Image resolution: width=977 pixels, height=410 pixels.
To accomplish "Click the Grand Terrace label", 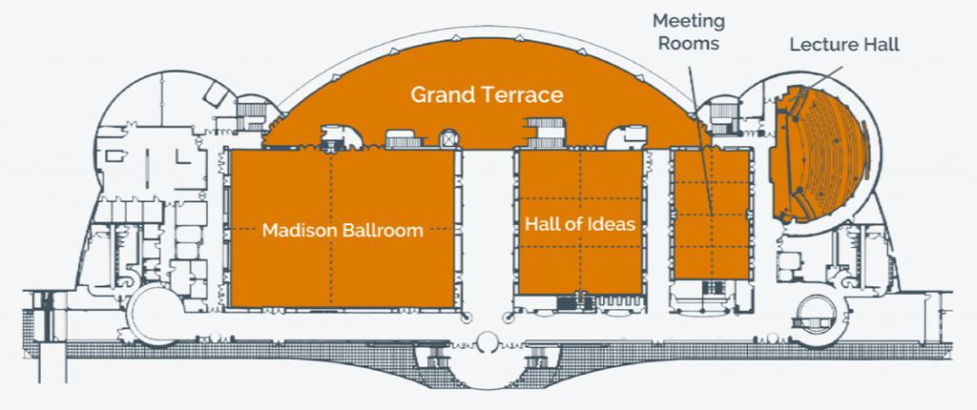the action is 487,95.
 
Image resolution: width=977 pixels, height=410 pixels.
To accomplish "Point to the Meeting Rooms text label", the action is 689,32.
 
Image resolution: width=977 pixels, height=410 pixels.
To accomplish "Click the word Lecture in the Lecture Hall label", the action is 818,46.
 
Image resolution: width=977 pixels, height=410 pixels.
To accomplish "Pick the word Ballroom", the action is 384,231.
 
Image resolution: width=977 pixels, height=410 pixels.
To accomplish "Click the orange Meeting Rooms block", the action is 712,214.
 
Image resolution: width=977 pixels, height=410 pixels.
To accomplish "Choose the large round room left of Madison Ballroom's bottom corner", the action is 154,314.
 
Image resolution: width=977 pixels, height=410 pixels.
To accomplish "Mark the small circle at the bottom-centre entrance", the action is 488,342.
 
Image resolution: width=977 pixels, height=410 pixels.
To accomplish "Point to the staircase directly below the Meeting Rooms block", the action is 713,288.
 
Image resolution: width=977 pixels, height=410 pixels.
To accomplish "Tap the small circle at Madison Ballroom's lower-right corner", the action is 465,317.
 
